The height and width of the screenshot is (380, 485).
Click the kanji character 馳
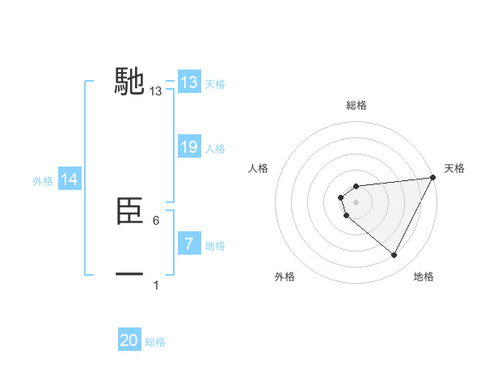130,81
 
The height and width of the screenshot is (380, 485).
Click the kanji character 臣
130,212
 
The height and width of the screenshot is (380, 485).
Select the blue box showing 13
189,82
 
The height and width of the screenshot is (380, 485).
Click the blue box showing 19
189,147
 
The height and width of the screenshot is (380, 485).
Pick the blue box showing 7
189,244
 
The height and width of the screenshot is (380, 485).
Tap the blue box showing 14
70,179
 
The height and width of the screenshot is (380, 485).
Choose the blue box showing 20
129,340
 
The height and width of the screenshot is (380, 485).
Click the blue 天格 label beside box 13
215,83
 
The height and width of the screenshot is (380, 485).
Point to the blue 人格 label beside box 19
215,148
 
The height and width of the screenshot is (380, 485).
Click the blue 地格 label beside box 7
215,245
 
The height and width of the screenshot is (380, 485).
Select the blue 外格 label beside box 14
43,181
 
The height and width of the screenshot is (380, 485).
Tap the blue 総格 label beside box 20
155,342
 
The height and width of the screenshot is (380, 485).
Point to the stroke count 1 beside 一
156,285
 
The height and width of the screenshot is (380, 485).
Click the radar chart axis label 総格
356,105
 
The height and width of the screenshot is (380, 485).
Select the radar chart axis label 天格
454,168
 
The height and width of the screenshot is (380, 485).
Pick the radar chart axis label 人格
259,168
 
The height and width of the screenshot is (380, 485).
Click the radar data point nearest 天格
434,178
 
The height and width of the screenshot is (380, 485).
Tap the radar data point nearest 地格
394,255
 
